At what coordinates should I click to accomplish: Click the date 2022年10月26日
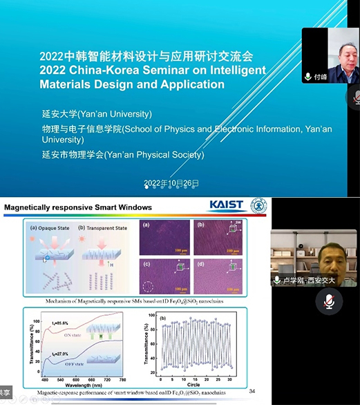click(x=171, y=184)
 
